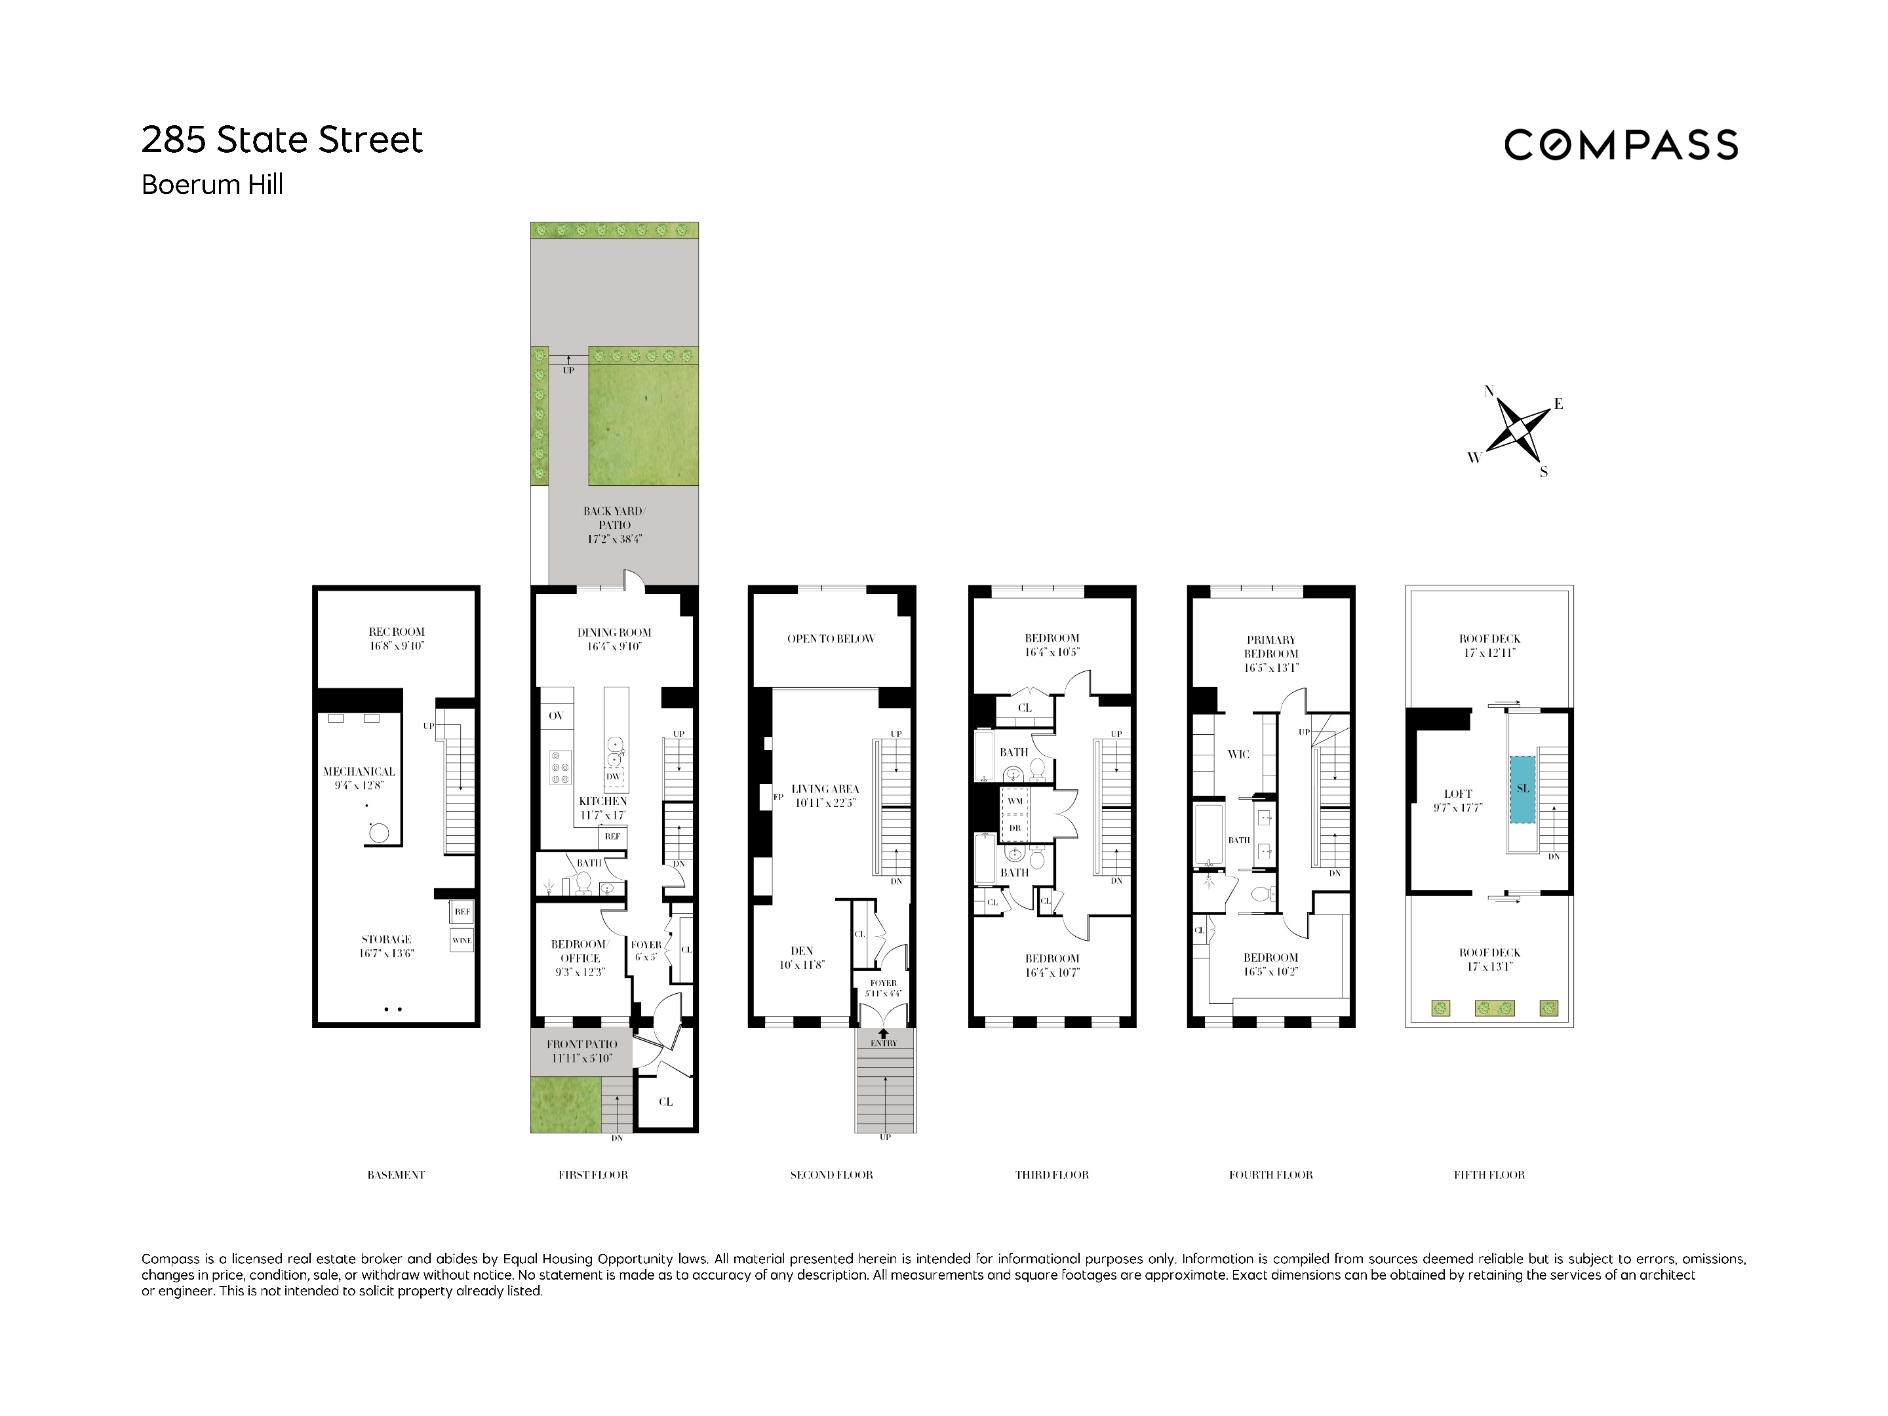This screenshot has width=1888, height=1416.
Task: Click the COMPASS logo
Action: (1619, 145)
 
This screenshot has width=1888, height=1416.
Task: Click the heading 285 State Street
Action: (282, 140)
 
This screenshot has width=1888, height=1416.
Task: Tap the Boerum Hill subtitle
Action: (212, 184)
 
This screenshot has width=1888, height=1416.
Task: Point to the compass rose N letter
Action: (1489, 391)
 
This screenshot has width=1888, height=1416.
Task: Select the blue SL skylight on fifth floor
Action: (1523, 789)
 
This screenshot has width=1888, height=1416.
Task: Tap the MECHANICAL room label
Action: (359, 772)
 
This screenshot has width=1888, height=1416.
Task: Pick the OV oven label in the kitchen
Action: (556, 716)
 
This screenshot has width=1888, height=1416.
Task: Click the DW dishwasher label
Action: (613, 777)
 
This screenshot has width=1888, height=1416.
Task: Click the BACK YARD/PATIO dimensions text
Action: (614, 540)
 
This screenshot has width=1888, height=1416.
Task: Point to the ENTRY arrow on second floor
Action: (884, 1034)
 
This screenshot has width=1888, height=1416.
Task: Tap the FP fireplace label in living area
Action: (777, 797)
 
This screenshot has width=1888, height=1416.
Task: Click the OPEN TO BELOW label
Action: (831, 639)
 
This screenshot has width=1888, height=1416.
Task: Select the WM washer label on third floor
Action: (1014, 800)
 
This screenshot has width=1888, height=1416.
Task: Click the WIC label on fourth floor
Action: (1238, 755)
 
